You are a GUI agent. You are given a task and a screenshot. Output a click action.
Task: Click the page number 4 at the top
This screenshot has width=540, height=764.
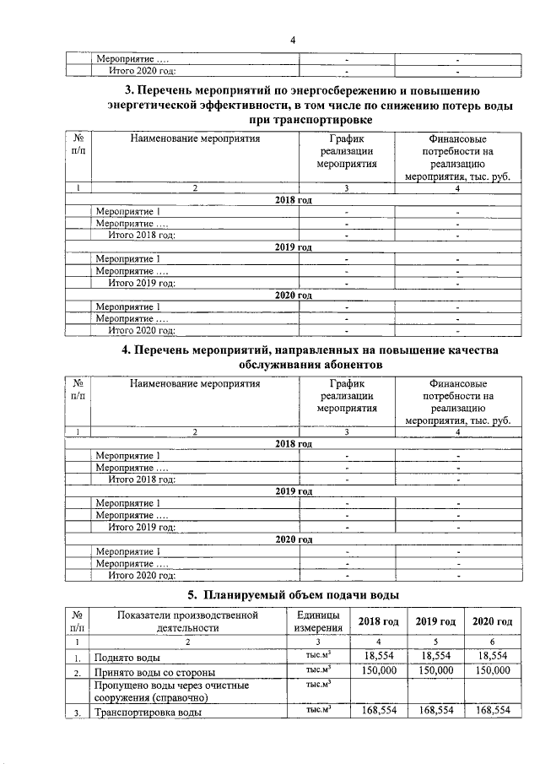tap(293, 39)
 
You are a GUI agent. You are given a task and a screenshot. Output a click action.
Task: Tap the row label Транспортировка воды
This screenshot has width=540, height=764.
tap(148, 712)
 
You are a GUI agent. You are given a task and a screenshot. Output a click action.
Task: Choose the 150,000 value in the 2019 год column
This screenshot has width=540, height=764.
tap(436, 670)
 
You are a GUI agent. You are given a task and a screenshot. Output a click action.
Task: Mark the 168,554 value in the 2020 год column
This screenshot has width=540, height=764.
tap(493, 711)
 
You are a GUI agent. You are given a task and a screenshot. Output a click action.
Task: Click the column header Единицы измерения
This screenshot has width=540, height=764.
tap(318, 620)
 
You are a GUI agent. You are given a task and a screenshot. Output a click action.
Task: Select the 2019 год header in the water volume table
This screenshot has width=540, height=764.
tap(436, 621)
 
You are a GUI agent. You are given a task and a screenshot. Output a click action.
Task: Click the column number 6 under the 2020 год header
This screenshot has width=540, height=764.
tap(493, 642)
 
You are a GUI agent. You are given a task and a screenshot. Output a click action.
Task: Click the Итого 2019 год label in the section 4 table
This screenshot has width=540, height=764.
tap(143, 528)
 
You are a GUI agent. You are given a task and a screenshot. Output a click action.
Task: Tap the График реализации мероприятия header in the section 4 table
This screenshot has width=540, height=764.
tap(346, 396)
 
